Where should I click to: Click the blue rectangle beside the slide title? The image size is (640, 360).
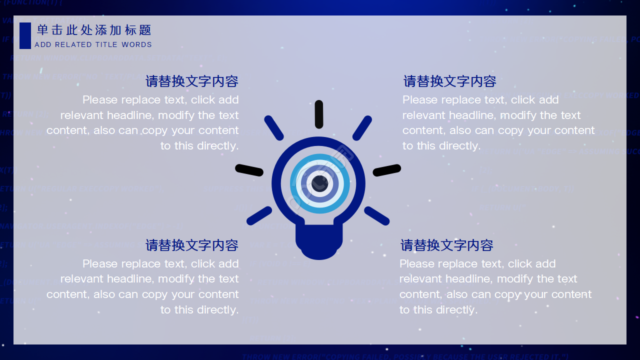tap(25, 35)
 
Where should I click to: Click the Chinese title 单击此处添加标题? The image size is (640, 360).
tap(94, 30)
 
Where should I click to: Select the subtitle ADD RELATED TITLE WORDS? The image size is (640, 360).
tap(93, 44)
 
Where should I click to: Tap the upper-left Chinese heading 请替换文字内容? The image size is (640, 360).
tap(192, 81)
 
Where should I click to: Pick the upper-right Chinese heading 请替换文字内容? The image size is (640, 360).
tap(450, 81)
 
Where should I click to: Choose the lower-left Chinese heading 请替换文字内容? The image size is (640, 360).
tap(192, 245)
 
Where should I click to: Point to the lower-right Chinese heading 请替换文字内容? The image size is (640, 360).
tap(447, 245)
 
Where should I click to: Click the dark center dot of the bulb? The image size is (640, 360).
tap(319, 183)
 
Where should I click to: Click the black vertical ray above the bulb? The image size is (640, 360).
tap(319, 114)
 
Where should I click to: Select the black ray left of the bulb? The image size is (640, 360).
tap(249, 170)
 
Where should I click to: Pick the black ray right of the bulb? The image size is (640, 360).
tap(387, 170)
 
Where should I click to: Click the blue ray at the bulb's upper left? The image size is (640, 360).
tap(273, 127)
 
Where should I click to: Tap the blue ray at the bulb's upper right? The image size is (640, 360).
tap(362, 127)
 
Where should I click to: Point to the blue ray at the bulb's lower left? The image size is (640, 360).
tap(259, 215)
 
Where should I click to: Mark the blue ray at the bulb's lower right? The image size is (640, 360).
tap(377, 215)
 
